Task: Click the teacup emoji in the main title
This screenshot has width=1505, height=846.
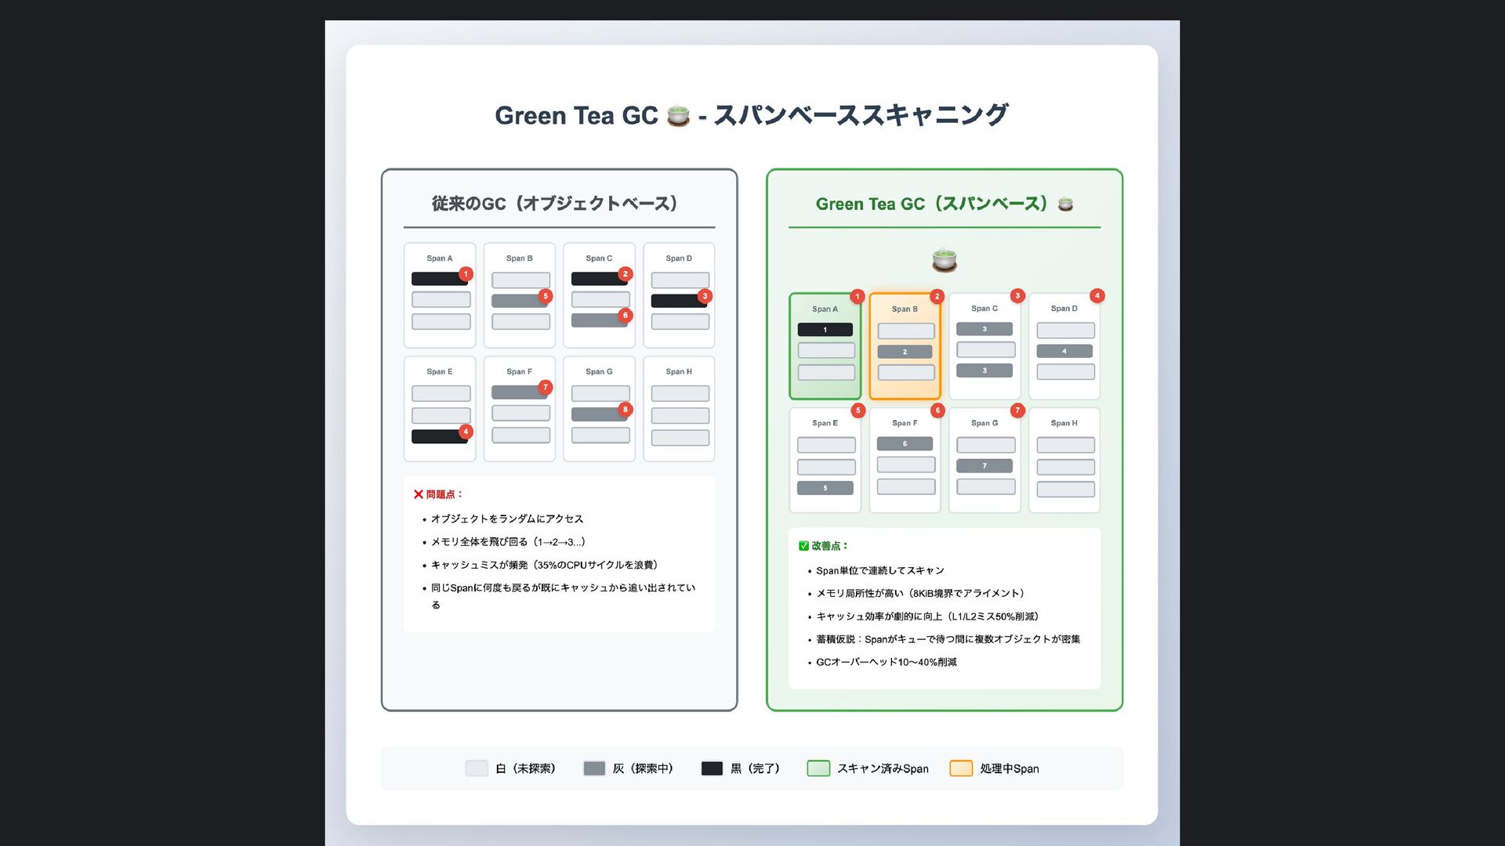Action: pyautogui.click(x=678, y=116)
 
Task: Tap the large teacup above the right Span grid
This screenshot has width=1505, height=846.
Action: pyautogui.click(x=944, y=259)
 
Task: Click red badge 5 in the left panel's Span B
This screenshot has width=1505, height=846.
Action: pyautogui.click(x=546, y=296)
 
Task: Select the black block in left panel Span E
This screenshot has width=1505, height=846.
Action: pyautogui.click(x=439, y=436)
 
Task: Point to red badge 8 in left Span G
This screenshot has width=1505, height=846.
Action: pyautogui.click(x=625, y=409)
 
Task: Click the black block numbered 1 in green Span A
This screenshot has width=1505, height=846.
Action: pyautogui.click(x=825, y=330)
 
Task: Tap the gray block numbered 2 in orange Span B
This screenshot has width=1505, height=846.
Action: pyautogui.click(x=905, y=352)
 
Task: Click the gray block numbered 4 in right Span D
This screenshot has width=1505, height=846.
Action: pyautogui.click(x=1064, y=351)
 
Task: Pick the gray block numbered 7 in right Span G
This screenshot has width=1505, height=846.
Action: pyautogui.click(x=985, y=465)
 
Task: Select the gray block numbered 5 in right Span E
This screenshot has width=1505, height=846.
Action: pyautogui.click(x=825, y=488)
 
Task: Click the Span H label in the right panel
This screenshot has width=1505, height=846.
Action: pyautogui.click(x=1064, y=423)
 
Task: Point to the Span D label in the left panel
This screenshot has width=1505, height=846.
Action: pyautogui.click(x=679, y=258)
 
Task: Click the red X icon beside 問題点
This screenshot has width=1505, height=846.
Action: pyautogui.click(x=419, y=494)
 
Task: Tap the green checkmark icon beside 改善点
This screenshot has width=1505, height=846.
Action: pyautogui.click(x=803, y=546)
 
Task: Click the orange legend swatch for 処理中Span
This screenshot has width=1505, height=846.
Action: pyautogui.click(x=961, y=768)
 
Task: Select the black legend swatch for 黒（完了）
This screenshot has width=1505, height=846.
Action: pyautogui.click(x=712, y=768)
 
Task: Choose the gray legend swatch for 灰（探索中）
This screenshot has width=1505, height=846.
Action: pyautogui.click(x=594, y=768)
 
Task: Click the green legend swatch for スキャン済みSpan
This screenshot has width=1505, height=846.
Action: pyautogui.click(x=818, y=768)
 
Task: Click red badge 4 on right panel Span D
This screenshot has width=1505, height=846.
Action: pyautogui.click(x=1097, y=295)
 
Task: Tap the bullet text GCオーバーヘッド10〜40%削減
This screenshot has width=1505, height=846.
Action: pyautogui.click(x=886, y=662)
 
